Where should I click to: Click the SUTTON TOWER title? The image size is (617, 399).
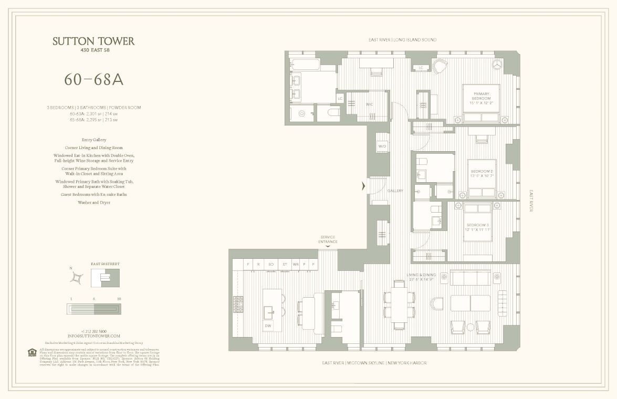(93, 41)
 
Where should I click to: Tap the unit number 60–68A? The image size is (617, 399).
(93, 79)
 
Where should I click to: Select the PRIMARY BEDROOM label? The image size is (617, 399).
(481, 98)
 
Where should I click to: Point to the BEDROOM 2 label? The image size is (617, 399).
(482, 174)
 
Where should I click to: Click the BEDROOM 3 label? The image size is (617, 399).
(478, 227)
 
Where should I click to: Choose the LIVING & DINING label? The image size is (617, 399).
(421, 276)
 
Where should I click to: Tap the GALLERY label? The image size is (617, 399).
(395, 191)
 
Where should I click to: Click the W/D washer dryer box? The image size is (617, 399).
(382, 146)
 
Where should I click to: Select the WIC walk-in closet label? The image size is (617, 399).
(369, 104)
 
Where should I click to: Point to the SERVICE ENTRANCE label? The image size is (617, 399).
(327, 239)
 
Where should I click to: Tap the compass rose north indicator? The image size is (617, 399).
(77, 277)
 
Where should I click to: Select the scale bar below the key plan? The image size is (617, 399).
(94, 309)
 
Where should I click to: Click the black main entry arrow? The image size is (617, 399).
(363, 186)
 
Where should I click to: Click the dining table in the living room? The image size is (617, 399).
(399, 305)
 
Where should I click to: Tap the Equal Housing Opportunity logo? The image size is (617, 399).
(32, 353)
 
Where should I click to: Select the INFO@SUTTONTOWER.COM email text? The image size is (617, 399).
(93, 335)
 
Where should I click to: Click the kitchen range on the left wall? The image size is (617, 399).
(238, 303)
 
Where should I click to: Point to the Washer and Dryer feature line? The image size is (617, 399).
(93, 202)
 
